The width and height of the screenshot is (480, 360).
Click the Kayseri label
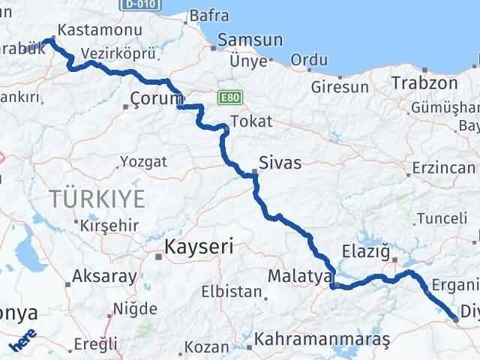[x=199, y=245]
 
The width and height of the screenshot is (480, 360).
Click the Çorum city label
[x=156, y=97]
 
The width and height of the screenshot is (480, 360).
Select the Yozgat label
[x=142, y=161]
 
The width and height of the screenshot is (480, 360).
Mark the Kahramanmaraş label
[x=322, y=339]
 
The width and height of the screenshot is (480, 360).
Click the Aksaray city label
[x=103, y=277]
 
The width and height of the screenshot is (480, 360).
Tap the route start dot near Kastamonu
[x=51, y=40]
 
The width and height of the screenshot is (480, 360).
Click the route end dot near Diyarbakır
[x=457, y=319]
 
